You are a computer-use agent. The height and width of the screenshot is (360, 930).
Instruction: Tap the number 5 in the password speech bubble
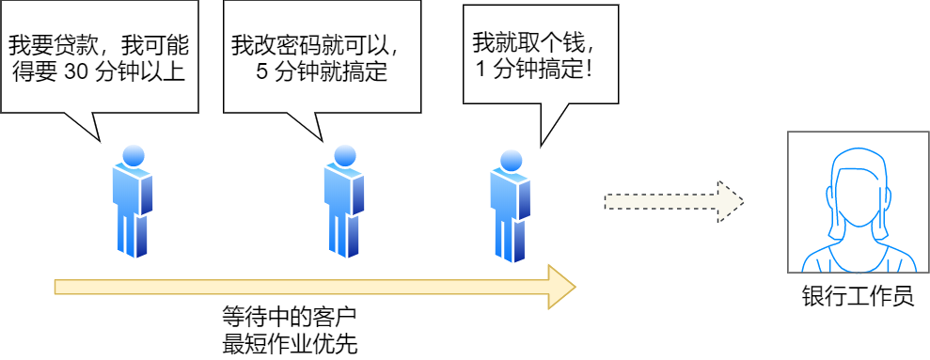pos(261,71)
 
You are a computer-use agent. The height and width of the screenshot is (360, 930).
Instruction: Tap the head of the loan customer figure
pos(134,157)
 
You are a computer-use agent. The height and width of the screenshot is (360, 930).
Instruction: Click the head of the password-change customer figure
pos(345,157)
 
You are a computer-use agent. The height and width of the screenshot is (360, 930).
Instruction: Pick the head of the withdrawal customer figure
pos(511,161)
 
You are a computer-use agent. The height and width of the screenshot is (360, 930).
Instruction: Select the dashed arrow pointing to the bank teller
pos(673,201)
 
